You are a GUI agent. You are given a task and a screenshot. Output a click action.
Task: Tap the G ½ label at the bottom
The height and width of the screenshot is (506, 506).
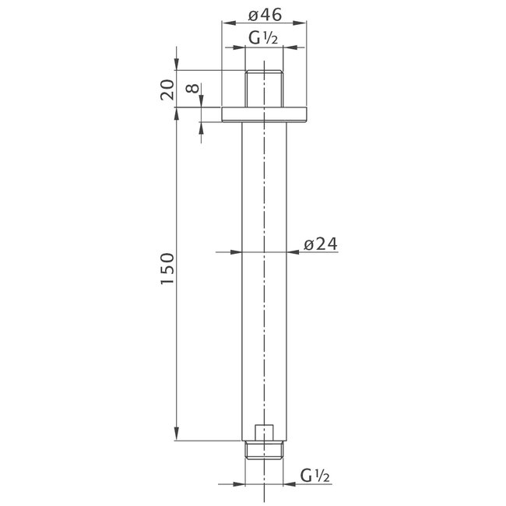click(x=316, y=476)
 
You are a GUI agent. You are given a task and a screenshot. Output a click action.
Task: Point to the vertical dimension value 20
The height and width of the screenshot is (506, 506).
click(x=167, y=90)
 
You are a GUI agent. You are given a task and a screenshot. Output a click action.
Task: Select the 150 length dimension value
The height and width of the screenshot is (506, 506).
click(x=167, y=268)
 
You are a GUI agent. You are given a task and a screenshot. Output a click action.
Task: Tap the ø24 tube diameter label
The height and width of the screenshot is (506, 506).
click(x=318, y=244)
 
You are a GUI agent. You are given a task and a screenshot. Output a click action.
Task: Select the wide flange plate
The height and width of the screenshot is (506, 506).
click(x=265, y=114)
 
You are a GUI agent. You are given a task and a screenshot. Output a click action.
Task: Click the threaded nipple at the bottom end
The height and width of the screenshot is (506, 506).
click(x=265, y=449)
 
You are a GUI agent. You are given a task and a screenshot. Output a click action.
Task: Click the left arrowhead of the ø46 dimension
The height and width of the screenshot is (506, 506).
click(x=227, y=24)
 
